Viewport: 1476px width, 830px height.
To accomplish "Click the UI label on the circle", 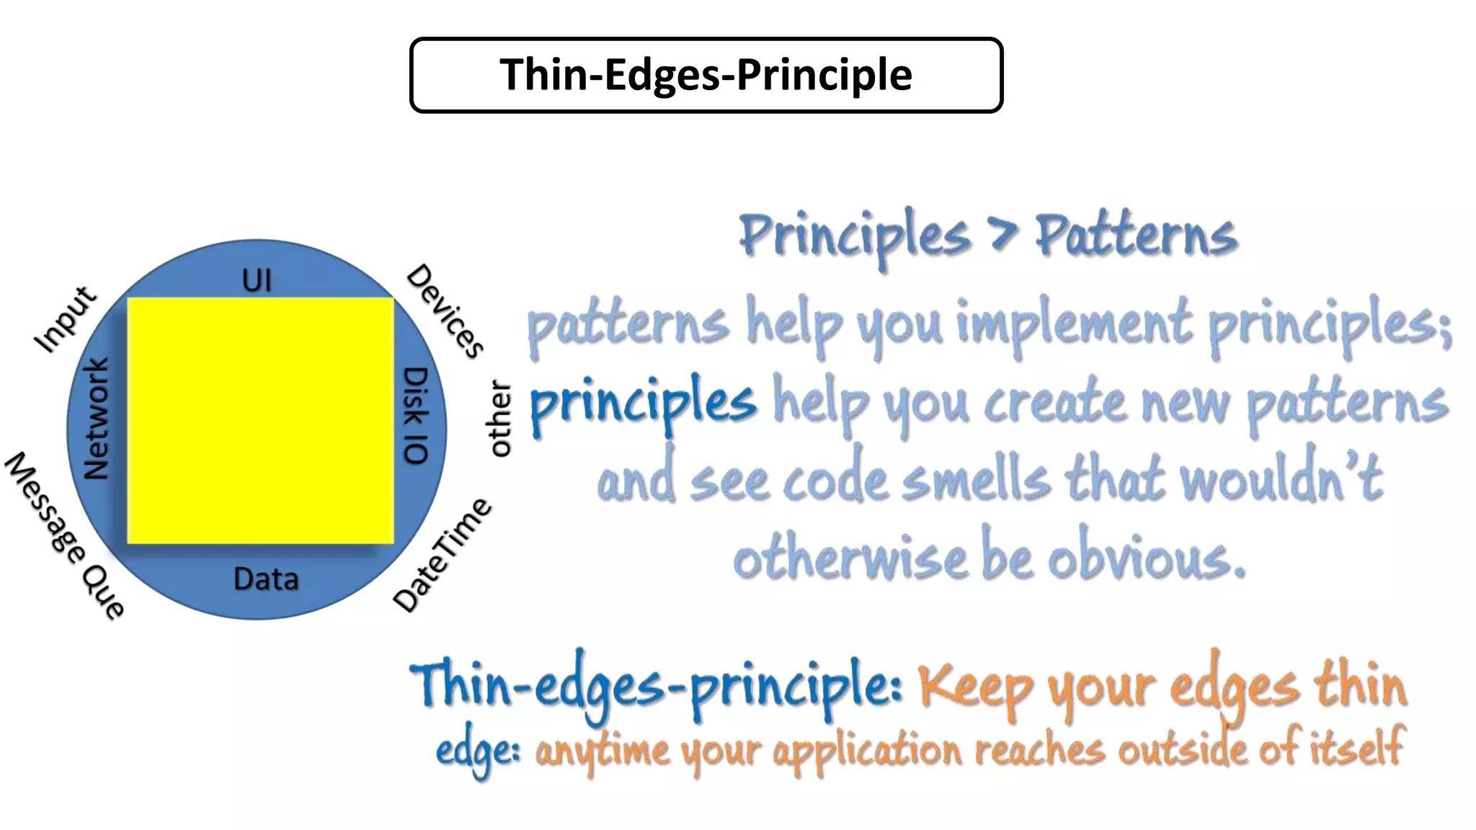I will (x=257, y=280).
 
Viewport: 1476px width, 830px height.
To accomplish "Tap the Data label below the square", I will (x=266, y=579).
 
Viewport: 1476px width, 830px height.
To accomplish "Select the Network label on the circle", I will (x=96, y=419).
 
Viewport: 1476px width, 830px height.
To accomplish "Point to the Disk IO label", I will (x=416, y=416).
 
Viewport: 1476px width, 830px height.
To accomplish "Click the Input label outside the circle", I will (x=65, y=319).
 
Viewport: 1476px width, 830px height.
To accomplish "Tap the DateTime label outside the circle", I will (x=442, y=554).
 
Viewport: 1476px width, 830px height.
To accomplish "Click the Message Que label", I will (x=65, y=535).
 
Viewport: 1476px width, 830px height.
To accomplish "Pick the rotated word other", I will (x=499, y=419).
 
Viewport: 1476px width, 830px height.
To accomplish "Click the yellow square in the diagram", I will (x=260, y=421).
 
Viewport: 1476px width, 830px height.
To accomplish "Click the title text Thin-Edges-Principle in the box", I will (x=706, y=75).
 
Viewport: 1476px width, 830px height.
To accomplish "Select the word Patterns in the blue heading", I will (x=1137, y=236).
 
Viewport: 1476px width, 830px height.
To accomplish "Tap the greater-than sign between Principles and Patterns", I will (x=1002, y=236).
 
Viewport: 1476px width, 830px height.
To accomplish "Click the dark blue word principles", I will (x=643, y=403).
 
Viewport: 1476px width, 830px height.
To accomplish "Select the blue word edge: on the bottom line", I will (x=478, y=751).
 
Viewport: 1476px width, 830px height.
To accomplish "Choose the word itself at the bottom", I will (x=1356, y=748).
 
